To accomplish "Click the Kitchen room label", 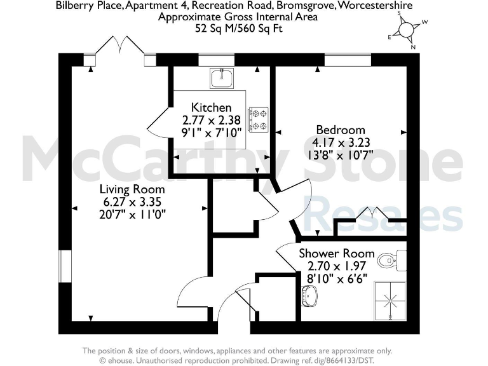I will coord(212,108).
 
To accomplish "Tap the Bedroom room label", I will coord(341,130).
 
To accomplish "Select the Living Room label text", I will coord(132,189).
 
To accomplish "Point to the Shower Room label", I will coord(337,254).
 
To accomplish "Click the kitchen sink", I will coord(221,79).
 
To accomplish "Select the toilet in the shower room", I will coord(388,260).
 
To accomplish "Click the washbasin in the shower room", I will coord(310,295).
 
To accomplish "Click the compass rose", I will coord(407,30).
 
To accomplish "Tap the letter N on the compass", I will coord(413,46).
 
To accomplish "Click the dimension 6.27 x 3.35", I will coord(132,201).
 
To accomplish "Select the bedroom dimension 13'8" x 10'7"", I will coord(341,154).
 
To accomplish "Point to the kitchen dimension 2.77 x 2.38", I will coord(212,120).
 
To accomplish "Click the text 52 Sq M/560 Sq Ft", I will coord(238,28).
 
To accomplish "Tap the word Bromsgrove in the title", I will coord(307,6).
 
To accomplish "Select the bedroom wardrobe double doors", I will coord(370,214).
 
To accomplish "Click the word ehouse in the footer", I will coord(121,360).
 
